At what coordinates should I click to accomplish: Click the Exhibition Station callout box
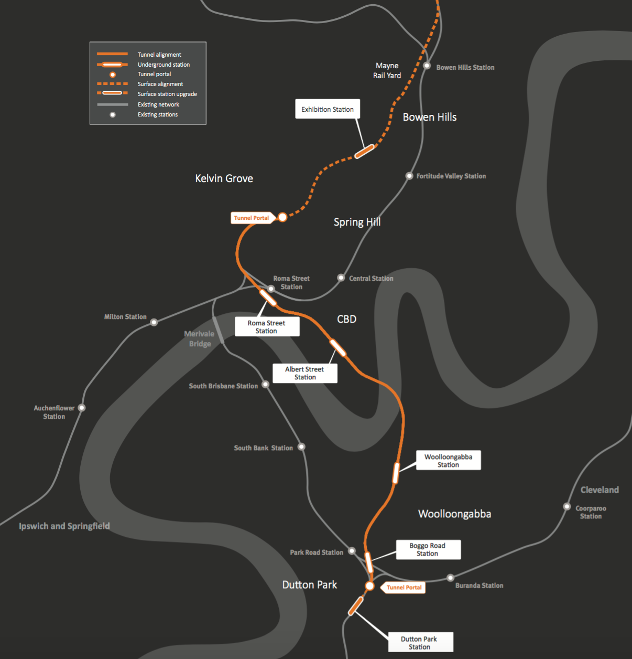click(x=328, y=109)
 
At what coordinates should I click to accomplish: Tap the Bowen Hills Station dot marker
click(x=427, y=66)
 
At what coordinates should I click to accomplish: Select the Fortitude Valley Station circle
click(x=409, y=176)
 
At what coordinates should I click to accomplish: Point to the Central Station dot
click(x=341, y=278)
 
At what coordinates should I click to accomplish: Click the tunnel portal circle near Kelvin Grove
click(x=282, y=217)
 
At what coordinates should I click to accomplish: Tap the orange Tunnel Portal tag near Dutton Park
click(x=404, y=588)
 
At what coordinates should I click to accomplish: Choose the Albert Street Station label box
click(x=304, y=373)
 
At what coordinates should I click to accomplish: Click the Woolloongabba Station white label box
click(x=448, y=461)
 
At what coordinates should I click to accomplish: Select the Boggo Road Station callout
click(x=428, y=549)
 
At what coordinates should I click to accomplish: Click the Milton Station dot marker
click(x=154, y=322)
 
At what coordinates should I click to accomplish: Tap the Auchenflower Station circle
click(x=82, y=408)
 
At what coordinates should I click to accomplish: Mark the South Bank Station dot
click(x=301, y=447)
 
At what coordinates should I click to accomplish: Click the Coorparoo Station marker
click(x=566, y=506)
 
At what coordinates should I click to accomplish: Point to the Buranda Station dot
click(x=450, y=578)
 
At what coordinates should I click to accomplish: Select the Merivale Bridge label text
click(x=199, y=339)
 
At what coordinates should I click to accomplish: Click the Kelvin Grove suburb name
click(x=224, y=178)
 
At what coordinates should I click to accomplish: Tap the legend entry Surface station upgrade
click(x=167, y=94)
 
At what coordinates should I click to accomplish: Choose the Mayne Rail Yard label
click(x=387, y=70)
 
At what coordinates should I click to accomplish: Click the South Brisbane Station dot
click(x=266, y=385)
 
